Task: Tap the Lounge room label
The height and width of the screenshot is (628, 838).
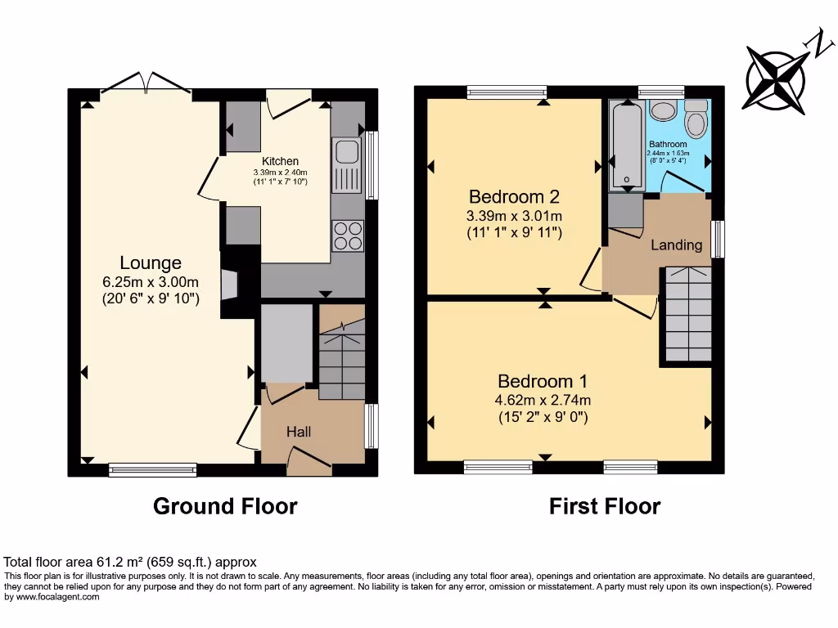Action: (x=151, y=263)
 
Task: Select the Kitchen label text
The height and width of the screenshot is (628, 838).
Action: (x=280, y=161)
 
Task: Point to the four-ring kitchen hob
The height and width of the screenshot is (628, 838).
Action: (x=348, y=235)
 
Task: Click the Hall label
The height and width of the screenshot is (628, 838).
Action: (x=299, y=431)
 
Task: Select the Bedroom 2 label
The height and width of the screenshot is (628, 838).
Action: (x=514, y=196)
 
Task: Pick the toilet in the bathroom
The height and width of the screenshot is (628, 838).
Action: (x=696, y=120)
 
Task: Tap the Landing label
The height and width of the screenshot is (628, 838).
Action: (x=676, y=244)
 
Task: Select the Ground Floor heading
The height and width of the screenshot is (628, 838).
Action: (x=225, y=506)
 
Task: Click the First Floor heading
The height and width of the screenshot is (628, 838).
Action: (x=604, y=506)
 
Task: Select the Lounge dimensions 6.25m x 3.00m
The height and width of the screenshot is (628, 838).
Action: (x=151, y=283)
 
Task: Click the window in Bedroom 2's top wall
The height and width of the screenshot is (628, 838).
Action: (x=507, y=92)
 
